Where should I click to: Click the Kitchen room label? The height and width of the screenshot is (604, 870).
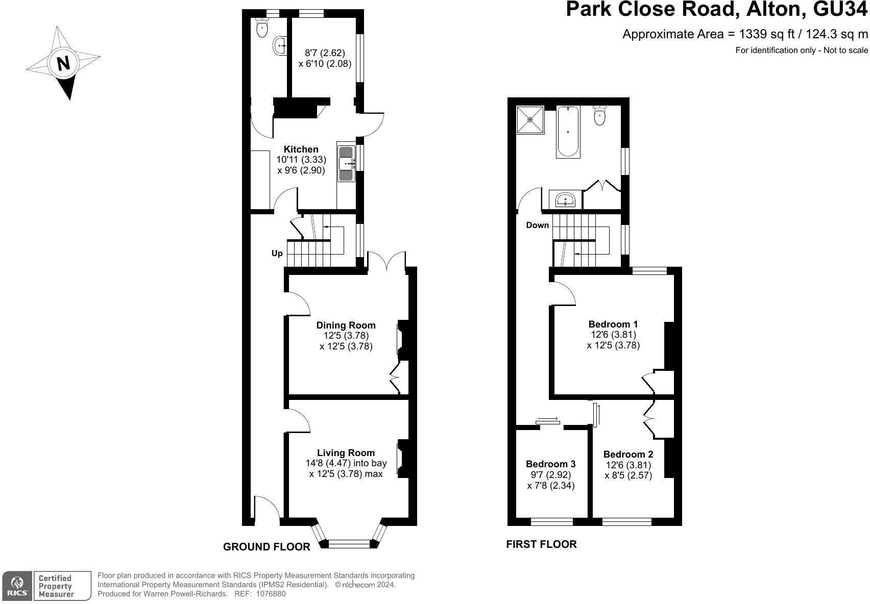click(301, 149)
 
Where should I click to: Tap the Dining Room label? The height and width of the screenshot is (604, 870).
click(346, 325)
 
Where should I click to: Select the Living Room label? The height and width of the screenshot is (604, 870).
click(346, 452)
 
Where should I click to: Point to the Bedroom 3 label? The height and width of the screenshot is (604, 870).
click(550, 464)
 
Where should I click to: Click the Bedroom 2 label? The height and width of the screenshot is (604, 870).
click(628, 454)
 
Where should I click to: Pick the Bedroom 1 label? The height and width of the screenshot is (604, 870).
click(613, 324)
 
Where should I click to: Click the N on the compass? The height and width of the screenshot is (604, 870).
click(63, 64)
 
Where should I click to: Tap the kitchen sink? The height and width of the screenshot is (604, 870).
click(346, 163)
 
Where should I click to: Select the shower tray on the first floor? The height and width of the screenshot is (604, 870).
click(530, 119)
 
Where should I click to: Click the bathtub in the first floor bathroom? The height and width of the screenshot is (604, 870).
click(568, 131)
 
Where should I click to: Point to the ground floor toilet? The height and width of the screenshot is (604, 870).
click(262, 28)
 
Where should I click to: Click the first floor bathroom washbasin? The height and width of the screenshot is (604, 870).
click(565, 199)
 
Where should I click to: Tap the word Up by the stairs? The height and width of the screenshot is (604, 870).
click(277, 253)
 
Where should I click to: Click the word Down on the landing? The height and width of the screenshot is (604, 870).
click(537, 225)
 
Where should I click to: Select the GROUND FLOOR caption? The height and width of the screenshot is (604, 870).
click(267, 547)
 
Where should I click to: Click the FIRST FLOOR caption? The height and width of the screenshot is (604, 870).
click(541, 544)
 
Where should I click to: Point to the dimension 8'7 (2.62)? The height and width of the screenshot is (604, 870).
click(325, 53)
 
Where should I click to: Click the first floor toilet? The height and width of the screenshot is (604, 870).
click(600, 115)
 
